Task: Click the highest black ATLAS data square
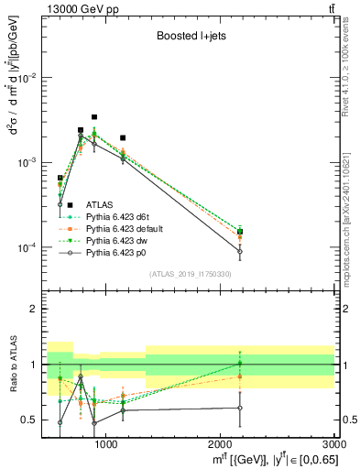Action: coord(94,117)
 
